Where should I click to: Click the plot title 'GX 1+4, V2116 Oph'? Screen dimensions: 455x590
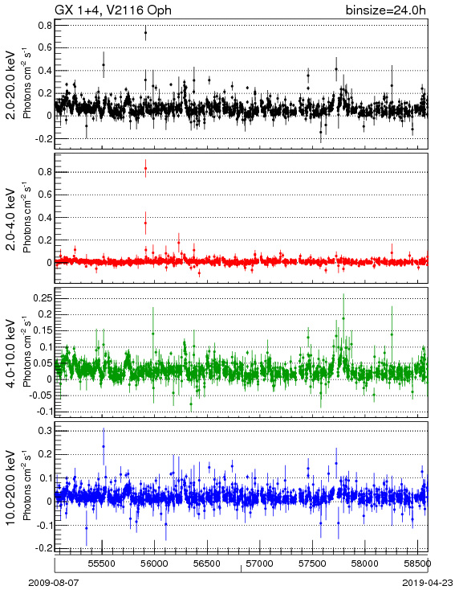pos(113,10)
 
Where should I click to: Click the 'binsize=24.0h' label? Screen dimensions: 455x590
pos(386,10)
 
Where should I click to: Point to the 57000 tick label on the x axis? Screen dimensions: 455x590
pos(260,563)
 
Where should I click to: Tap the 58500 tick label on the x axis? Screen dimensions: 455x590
pos(418,563)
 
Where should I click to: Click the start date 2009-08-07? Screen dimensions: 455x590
pos(54,583)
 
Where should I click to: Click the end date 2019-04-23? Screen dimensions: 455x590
pos(428,583)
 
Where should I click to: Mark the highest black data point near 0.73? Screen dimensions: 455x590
pos(145,33)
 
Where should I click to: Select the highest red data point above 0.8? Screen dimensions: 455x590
pos(145,169)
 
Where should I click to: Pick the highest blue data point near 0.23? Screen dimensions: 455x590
pos(104,447)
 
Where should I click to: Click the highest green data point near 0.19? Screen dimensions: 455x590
pos(343,318)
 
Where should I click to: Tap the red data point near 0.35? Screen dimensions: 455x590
pos(145,223)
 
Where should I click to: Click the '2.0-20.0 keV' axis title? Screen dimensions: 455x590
pos(11,85)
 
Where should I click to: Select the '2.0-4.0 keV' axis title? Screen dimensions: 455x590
pos(11,219)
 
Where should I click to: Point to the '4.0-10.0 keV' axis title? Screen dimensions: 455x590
pos(11,354)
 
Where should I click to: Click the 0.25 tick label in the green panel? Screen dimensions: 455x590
pos(42,298)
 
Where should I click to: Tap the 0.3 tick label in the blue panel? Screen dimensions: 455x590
pos(45,431)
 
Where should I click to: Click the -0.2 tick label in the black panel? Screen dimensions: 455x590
pos(43,138)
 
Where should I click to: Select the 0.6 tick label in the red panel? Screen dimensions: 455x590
pos(45,195)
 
